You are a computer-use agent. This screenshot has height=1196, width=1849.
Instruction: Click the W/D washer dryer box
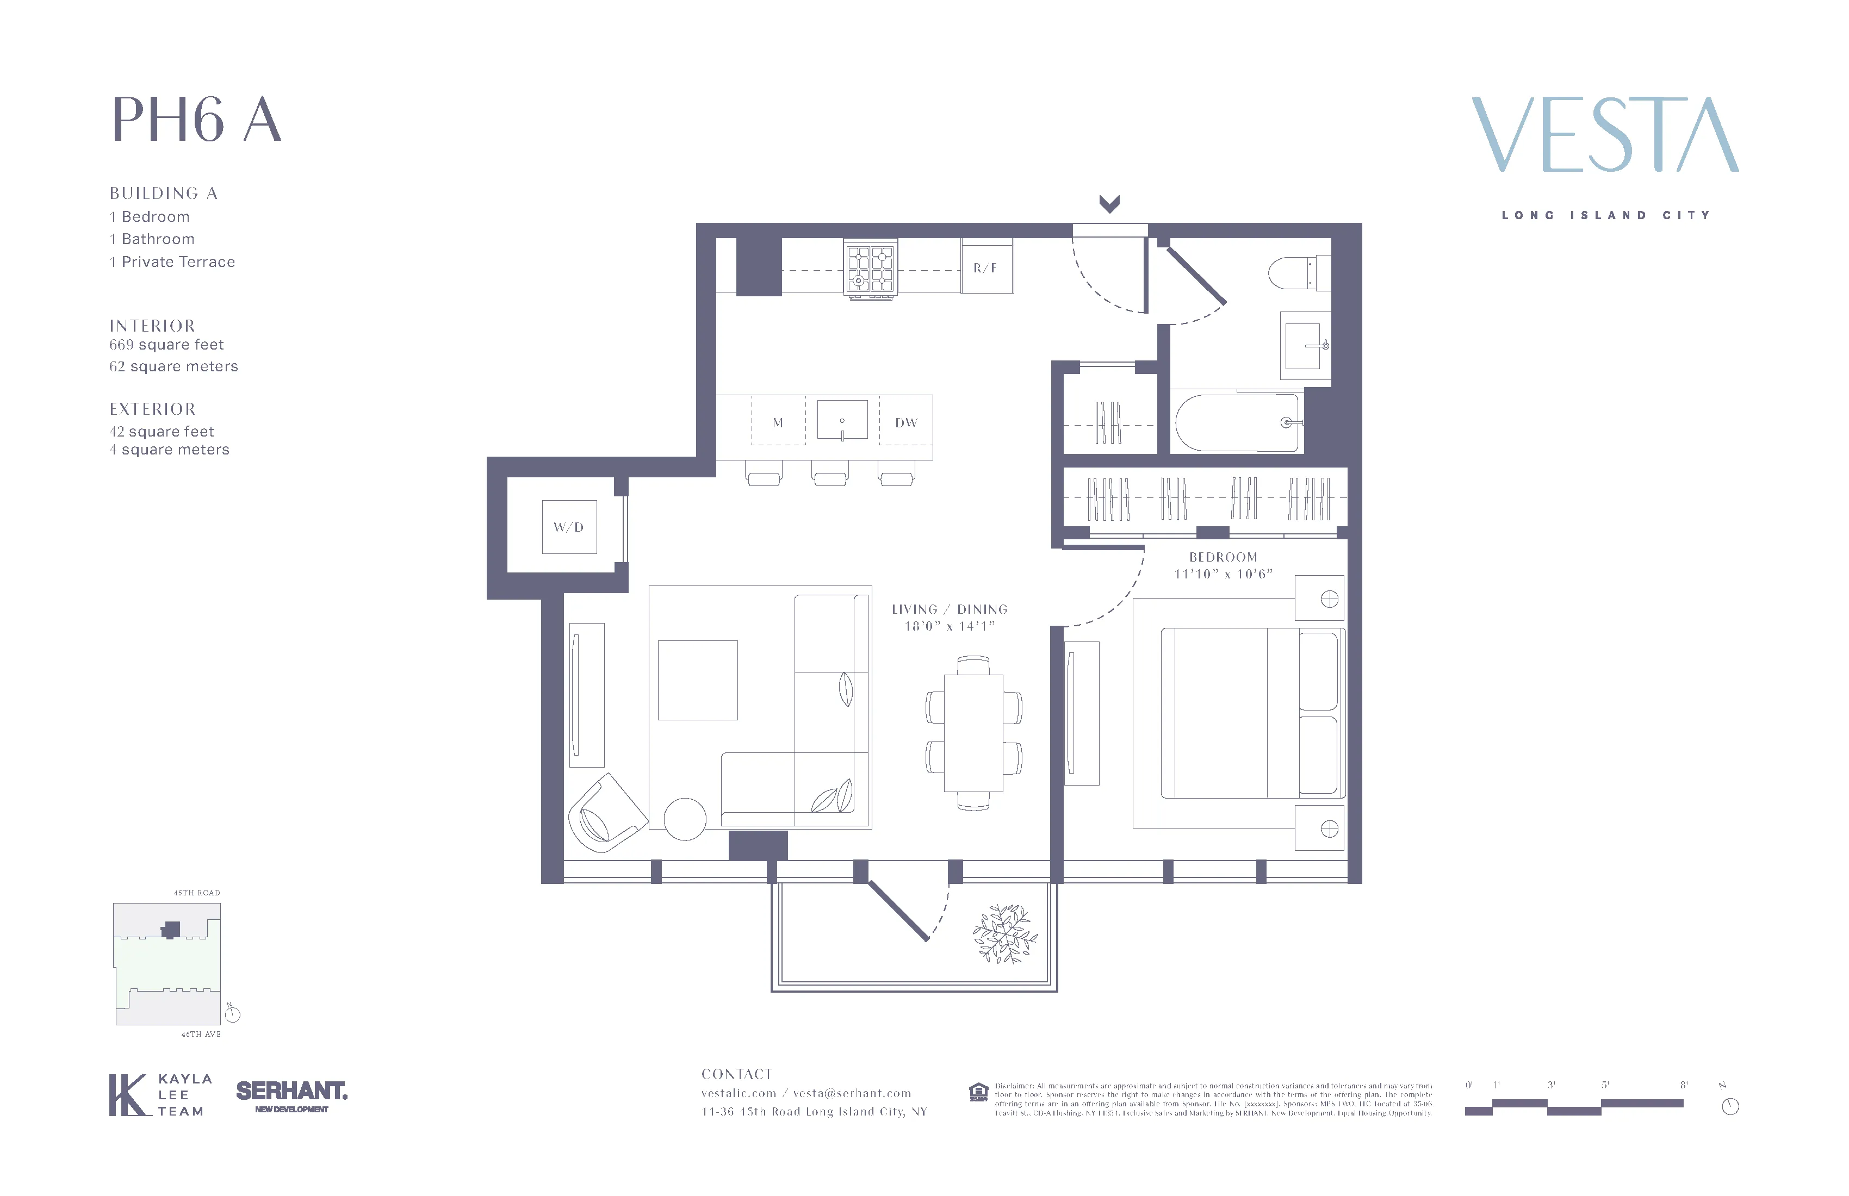click(x=569, y=527)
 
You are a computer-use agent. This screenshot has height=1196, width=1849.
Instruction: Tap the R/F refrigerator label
click(x=985, y=268)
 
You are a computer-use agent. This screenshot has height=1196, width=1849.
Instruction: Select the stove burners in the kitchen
click(x=870, y=269)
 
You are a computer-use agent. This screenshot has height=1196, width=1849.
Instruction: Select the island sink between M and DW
click(x=842, y=420)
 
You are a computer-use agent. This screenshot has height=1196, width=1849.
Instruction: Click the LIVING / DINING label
click(x=950, y=609)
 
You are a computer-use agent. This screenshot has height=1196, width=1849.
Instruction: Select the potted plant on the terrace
click(x=1004, y=935)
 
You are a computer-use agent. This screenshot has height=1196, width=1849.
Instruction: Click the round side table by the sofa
click(x=685, y=819)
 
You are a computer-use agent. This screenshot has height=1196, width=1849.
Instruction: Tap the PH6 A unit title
click(x=196, y=120)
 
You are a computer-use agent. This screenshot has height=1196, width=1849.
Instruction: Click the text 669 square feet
click(x=166, y=345)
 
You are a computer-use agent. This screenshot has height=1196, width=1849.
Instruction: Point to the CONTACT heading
click(x=736, y=1074)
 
